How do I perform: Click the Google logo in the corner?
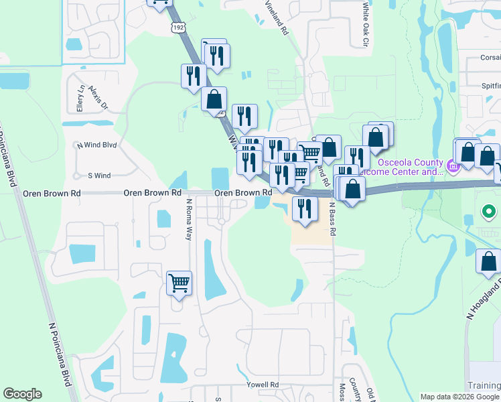tap(22, 394)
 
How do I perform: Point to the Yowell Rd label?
tap(262, 385)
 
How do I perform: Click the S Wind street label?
tap(99, 176)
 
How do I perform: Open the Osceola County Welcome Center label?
tap(402, 167)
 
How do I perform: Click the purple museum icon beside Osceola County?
tap(453, 165)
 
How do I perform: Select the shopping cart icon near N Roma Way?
tap(179, 283)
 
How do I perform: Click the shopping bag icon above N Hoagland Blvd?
tap(488, 261)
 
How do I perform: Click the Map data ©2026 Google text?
tap(460, 397)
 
